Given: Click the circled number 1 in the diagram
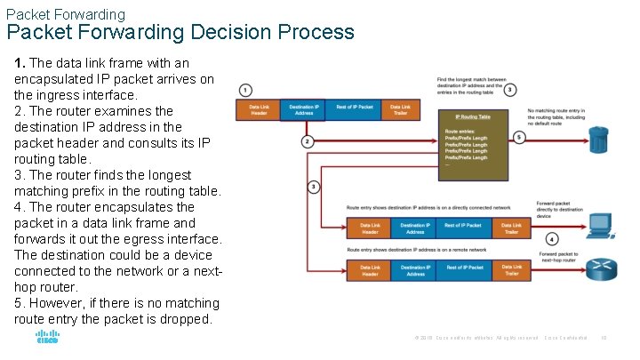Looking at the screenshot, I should pyautogui.click(x=245, y=90).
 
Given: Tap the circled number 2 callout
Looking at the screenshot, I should pyautogui.click(x=308, y=141).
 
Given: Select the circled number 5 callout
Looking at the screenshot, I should pyautogui.click(x=519, y=137).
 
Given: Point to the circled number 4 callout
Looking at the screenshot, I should pyautogui.click(x=552, y=239).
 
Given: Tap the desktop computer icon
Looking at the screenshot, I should pyautogui.click(x=600, y=225).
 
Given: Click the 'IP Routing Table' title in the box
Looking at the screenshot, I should pyautogui.click(x=473, y=116).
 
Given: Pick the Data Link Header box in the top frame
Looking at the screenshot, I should pyautogui.click(x=258, y=109).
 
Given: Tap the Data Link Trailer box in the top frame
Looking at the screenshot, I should pyautogui.click(x=400, y=109).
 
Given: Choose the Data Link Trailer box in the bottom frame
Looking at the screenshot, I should pyautogui.click(x=512, y=270).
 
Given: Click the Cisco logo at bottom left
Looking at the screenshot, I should pyautogui.click(x=47, y=338).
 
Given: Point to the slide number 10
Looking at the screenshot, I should pyautogui.click(x=604, y=339).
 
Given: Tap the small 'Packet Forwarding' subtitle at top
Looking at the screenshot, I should pyautogui.click(x=65, y=14).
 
